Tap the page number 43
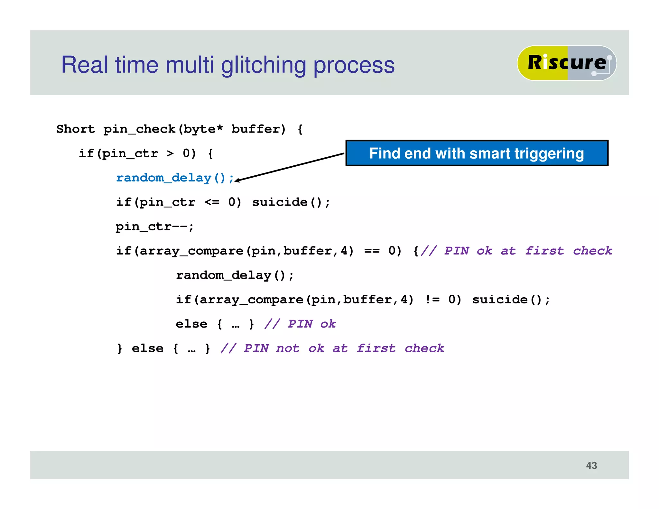591,465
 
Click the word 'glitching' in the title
263,65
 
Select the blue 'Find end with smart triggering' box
477,153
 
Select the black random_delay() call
235,275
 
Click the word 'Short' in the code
76,129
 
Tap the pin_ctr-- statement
154,227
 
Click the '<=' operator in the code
212,202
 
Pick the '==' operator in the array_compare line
372,251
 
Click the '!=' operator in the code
432,300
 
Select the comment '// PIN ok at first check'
516,251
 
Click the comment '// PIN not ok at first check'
332,348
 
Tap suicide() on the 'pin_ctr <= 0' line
291,202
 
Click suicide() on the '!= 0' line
511,300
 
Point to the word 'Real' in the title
84,65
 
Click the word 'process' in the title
354,65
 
